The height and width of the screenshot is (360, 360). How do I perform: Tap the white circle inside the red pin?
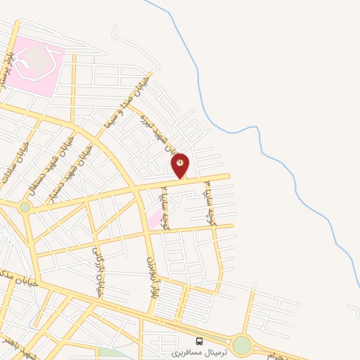[181, 162]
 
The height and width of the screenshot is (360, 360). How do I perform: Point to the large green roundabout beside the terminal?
[242, 345]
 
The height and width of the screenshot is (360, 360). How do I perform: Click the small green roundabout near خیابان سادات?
[25, 207]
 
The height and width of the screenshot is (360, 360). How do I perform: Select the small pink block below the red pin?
[154, 220]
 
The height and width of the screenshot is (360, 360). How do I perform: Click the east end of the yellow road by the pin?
[226, 176]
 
